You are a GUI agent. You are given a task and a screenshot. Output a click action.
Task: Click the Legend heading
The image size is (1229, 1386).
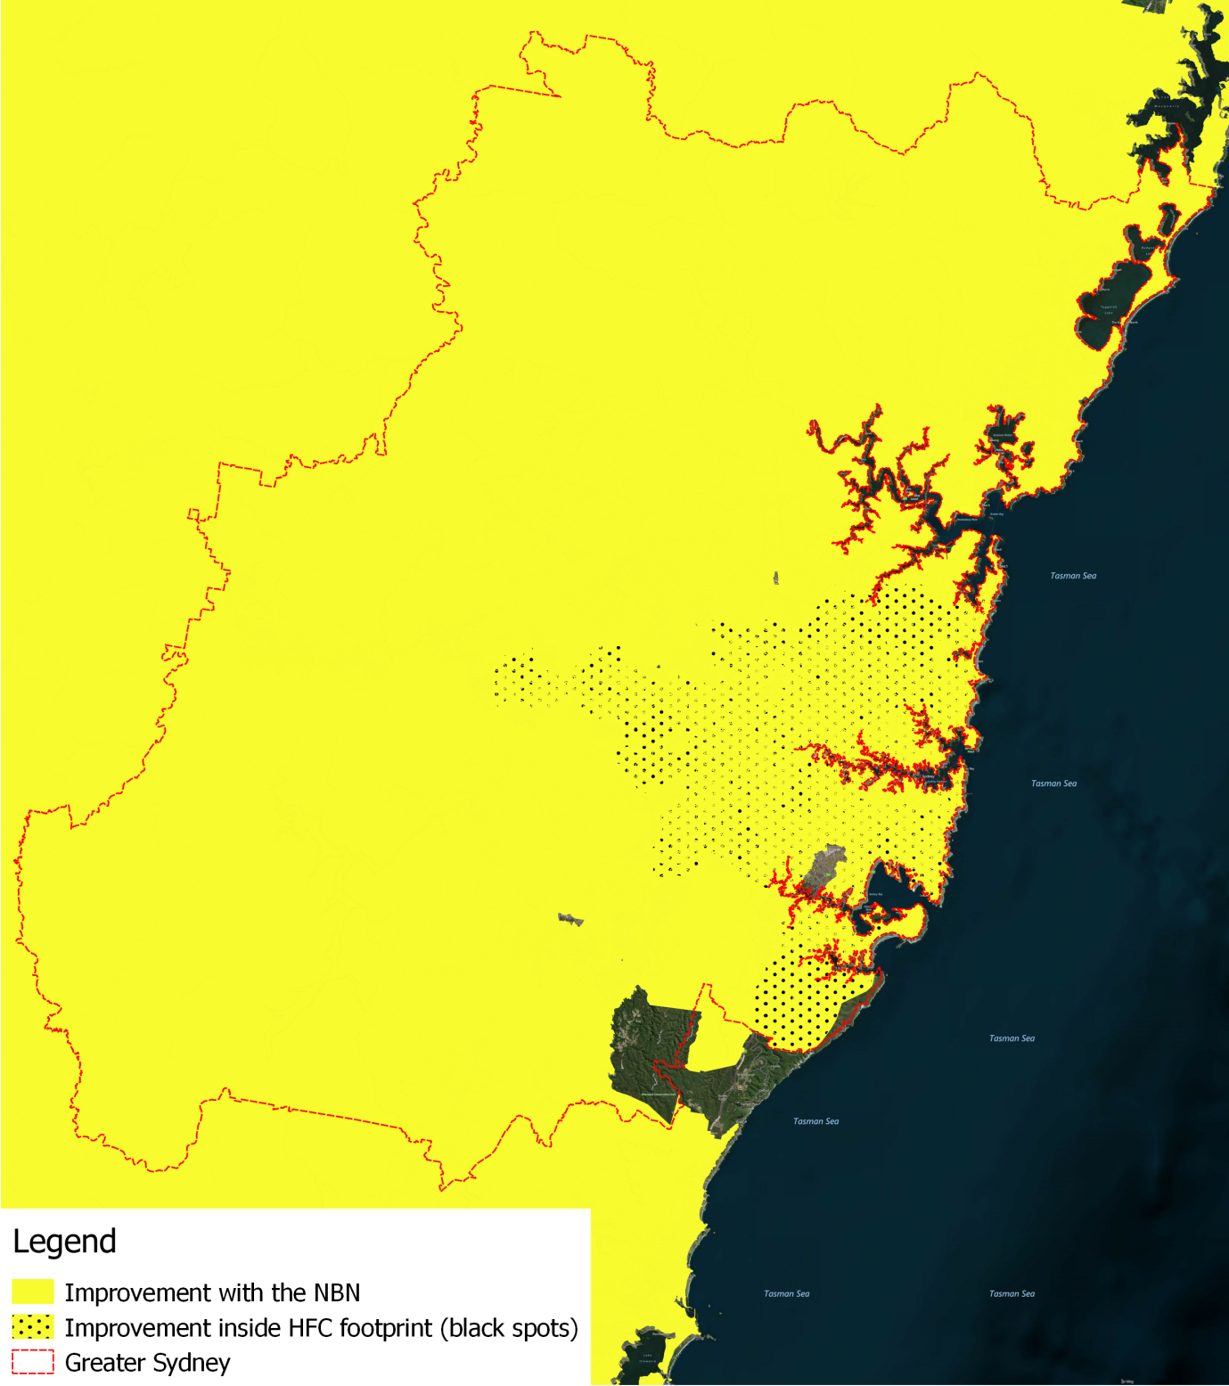pos(64,1242)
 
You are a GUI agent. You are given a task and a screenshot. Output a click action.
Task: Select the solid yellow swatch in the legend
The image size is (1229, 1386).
pos(33,1292)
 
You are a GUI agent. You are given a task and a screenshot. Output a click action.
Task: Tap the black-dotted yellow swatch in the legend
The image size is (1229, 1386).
pos(33,1327)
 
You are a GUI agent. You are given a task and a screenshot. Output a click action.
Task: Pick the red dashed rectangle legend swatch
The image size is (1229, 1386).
pos(33,1362)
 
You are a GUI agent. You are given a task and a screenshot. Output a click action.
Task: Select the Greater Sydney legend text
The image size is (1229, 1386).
pos(147,1363)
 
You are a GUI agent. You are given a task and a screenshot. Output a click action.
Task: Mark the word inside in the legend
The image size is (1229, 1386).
pos(245,1328)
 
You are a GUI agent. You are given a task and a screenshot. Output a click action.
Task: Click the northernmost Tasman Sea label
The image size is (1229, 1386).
pos(1073,576)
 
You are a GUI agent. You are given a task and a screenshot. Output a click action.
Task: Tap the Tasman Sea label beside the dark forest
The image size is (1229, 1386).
pos(815,1121)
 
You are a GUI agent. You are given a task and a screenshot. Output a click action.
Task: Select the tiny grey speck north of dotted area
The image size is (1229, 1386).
pos(776,578)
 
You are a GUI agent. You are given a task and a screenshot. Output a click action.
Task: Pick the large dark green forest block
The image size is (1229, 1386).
pos(651,1052)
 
